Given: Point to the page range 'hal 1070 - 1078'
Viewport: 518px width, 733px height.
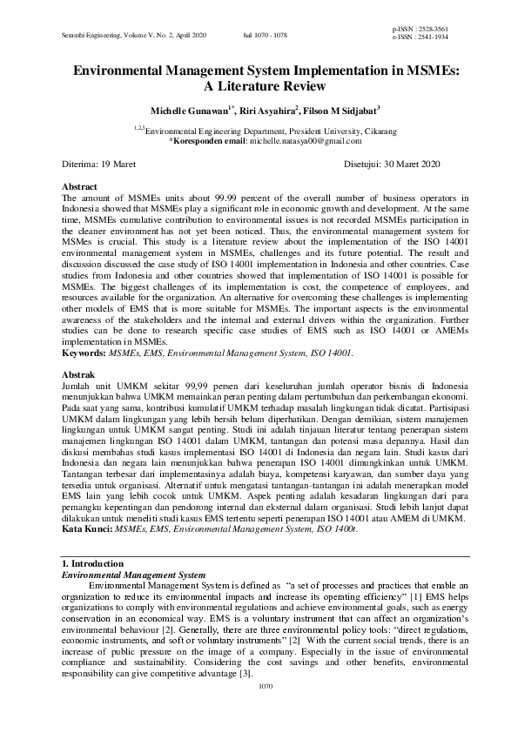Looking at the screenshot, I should coord(264,34).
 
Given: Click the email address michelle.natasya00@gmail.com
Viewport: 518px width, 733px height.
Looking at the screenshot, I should coord(305,140).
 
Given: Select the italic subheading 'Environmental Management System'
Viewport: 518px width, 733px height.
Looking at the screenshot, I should coord(130,575).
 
